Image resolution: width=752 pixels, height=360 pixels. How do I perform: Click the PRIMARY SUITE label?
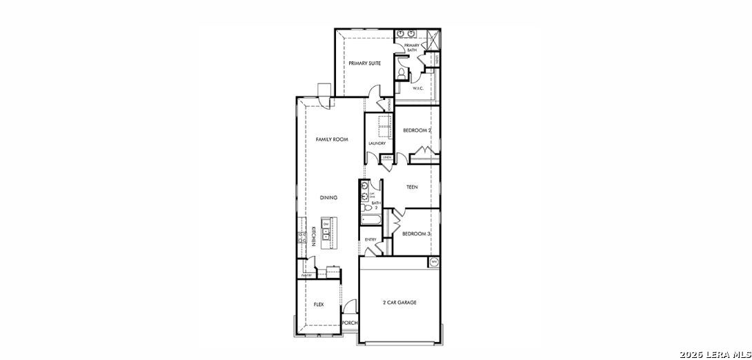364,63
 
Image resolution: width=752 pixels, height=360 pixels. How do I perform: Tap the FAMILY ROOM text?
331,140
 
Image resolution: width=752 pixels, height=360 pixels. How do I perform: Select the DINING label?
328,198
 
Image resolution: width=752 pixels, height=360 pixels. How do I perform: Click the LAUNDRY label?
377,143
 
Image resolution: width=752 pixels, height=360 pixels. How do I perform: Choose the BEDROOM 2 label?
417,130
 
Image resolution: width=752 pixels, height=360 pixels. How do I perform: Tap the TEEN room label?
412,187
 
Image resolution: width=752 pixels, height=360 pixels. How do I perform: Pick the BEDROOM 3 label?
417,234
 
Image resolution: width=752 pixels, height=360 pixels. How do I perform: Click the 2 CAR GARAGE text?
399,303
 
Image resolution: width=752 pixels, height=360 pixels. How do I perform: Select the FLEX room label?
319,304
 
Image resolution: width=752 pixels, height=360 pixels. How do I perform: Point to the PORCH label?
350,323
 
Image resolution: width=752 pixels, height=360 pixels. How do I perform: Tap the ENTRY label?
370,239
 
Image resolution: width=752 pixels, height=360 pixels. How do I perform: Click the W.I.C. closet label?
417,89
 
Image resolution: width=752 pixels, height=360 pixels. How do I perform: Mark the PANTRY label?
306,275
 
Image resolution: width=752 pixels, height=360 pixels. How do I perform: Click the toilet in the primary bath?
402,72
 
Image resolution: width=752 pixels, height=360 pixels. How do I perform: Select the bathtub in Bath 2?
370,221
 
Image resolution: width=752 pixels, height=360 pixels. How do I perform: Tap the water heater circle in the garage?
434,262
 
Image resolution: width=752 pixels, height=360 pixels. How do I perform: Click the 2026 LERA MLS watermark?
714,354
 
